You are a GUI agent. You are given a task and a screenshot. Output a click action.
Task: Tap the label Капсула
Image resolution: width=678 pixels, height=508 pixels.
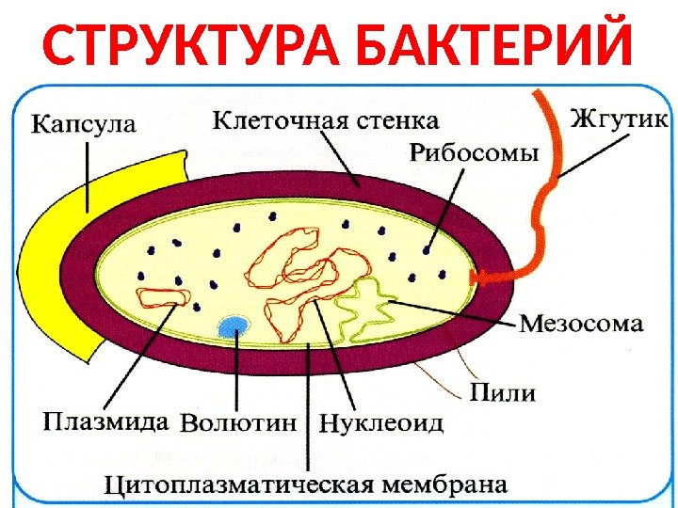[x=85, y=123]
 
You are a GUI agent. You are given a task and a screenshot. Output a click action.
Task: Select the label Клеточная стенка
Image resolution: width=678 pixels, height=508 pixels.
[x=325, y=120]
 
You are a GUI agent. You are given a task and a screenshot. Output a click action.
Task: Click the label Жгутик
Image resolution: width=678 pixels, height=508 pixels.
[x=619, y=119]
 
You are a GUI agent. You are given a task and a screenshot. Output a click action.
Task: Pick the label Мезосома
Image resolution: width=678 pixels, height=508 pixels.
[x=582, y=325]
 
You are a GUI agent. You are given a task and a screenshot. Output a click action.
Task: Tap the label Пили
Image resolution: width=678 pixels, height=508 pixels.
[x=501, y=392]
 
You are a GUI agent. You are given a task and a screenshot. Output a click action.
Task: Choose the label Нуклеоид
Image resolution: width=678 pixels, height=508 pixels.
[x=381, y=423]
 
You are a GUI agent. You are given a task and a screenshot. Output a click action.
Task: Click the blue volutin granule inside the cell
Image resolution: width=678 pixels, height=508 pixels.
[x=233, y=326]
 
